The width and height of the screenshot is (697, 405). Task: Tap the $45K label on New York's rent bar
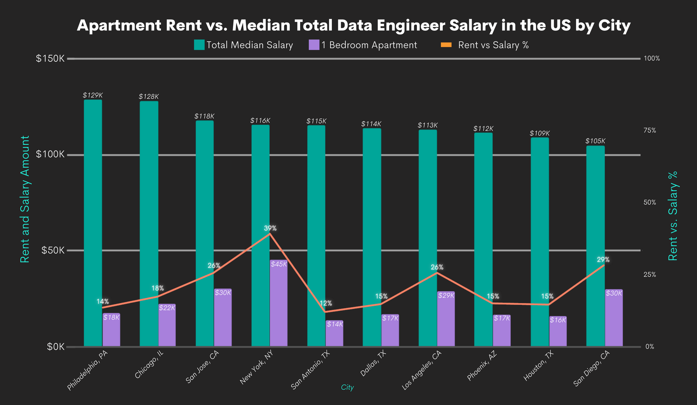click(279, 264)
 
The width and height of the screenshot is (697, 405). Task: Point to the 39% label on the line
click(270, 228)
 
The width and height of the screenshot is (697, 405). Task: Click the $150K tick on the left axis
click(50, 59)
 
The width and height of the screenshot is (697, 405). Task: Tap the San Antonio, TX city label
click(313, 371)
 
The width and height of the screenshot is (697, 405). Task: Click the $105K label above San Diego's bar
click(595, 141)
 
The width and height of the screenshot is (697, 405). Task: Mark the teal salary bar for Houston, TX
click(540, 242)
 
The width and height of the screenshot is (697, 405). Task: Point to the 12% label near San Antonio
click(326, 303)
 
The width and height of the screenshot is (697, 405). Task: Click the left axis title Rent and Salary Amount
click(25, 199)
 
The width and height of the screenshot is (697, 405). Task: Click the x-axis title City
click(347, 388)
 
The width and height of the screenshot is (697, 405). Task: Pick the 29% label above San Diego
click(603, 260)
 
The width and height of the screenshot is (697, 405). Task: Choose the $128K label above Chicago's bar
click(149, 97)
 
